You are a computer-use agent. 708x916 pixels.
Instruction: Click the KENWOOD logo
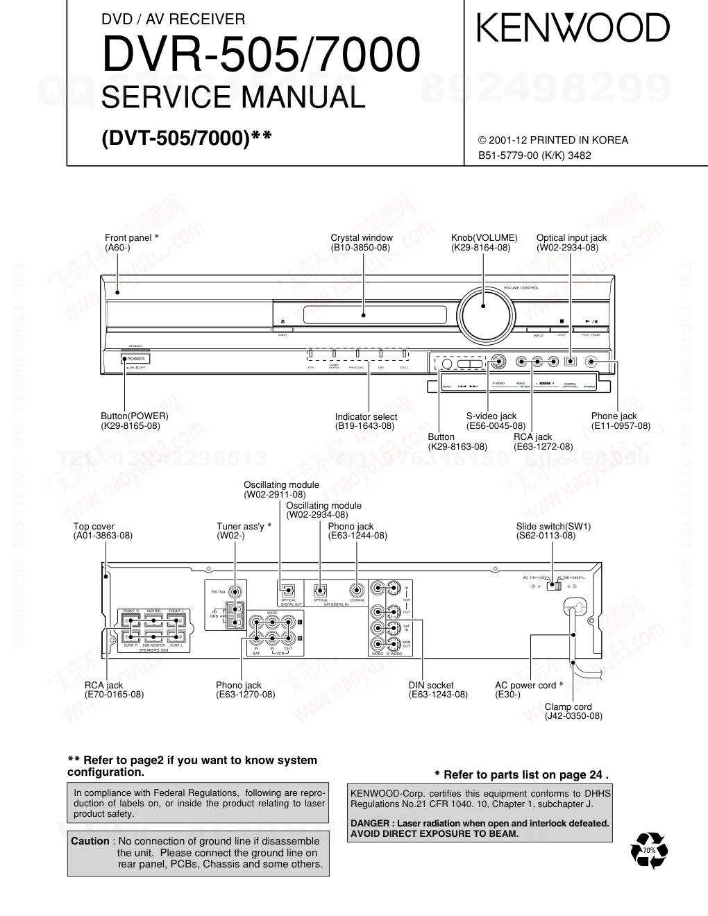(573, 29)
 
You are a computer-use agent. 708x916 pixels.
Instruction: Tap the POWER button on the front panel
(136, 359)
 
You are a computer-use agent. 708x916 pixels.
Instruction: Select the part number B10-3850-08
(360, 248)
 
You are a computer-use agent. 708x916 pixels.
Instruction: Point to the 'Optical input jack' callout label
(571, 238)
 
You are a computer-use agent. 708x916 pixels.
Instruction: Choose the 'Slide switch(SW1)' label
(553, 527)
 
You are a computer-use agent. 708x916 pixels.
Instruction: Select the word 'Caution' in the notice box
(90, 841)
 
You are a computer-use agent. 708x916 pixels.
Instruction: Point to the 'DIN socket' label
(431, 686)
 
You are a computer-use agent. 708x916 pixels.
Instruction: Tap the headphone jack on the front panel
(591, 362)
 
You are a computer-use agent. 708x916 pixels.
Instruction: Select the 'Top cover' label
(94, 527)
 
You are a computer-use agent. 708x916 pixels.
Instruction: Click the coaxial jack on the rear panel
(357, 591)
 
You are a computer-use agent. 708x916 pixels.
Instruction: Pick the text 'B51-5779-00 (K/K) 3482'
(534, 155)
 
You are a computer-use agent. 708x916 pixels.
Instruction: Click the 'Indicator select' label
(366, 417)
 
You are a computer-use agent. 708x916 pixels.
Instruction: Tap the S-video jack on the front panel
(498, 362)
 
